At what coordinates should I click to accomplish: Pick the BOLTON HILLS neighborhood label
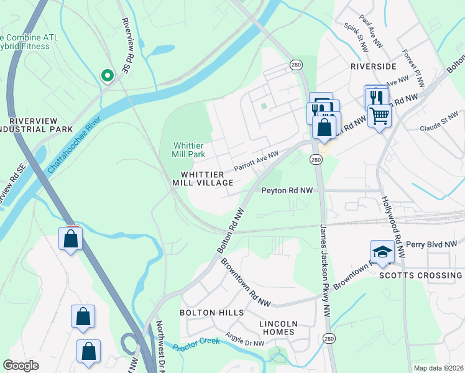tap(206, 312)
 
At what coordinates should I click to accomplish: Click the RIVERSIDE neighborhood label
tap(373, 66)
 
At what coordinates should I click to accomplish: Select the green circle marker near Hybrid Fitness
tap(107, 76)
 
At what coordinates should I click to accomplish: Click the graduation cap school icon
tap(382, 252)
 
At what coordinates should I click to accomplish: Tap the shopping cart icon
tap(379, 114)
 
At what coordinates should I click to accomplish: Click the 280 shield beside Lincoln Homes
tap(328, 339)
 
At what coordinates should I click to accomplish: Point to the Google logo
tap(21, 366)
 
